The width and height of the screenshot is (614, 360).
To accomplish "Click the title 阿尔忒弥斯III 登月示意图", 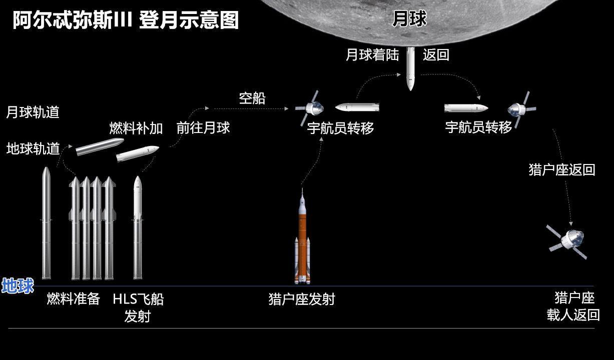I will [x=126, y=20].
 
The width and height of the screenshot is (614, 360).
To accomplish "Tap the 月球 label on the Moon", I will [x=409, y=18].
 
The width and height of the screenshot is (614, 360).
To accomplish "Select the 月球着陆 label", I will [x=372, y=54].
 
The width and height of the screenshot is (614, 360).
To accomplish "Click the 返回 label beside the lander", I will [x=436, y=54].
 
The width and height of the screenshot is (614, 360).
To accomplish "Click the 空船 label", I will [x=252, y=98].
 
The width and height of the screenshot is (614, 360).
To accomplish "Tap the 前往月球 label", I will [x=203, y=127].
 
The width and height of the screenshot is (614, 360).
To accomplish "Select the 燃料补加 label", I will [x=136, y=128].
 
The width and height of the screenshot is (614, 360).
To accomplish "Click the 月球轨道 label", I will [x=33, y=112].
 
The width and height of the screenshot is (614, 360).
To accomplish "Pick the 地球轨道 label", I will [x=33, y=148].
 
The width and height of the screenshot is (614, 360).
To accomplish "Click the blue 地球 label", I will [x=18, y=286].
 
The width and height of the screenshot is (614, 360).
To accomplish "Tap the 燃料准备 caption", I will [x=73, y=299].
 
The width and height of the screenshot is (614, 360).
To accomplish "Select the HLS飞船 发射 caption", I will [x=138, y=307].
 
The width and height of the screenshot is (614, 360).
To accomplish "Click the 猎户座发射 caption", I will [x=301, y=299].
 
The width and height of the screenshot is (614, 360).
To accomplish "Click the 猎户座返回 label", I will [x=561, y=169].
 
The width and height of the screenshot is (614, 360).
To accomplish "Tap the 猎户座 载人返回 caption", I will [x=573, y=306].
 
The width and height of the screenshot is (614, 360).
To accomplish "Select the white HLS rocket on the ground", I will [x=138, y=227].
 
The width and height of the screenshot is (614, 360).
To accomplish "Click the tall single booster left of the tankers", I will [x=47, y=222].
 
